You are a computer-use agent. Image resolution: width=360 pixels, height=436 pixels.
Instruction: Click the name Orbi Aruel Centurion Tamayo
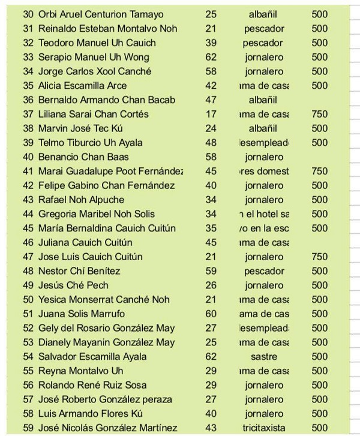click(100, 14)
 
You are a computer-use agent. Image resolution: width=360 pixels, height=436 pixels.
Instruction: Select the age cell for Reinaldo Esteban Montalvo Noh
click(211, 28)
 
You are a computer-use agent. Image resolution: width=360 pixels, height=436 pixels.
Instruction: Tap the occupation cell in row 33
click(264, 57)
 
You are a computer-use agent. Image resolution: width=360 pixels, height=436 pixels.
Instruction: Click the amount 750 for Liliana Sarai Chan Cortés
click(320, 114)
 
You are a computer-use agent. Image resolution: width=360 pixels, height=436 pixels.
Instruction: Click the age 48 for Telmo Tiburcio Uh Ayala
click(211, 143)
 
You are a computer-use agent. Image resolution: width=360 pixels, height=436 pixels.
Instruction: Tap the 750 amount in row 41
click(320, 172)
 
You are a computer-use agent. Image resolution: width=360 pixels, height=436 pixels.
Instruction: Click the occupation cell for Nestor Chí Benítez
click(264, 271)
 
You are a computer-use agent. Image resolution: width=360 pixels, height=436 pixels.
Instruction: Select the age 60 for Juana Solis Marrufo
click(211, 314)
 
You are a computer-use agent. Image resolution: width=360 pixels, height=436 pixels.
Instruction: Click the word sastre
click(264, 357)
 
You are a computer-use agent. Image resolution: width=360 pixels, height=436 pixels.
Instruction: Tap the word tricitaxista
click(264, 428)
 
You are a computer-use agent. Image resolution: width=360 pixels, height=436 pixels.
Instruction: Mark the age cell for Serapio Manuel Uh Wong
click(211, 57)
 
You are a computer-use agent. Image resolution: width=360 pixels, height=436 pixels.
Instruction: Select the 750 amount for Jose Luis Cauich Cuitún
click(320, 257)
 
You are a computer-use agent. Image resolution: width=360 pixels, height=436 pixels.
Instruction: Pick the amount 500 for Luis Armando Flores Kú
click(320, 414)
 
